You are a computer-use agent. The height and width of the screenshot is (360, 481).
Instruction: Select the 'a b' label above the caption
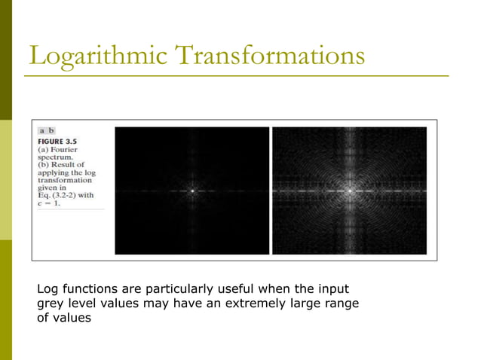[46, 130]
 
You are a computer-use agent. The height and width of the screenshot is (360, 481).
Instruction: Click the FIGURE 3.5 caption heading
[60, 141]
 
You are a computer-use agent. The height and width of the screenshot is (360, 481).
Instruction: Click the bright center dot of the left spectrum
[192, 191]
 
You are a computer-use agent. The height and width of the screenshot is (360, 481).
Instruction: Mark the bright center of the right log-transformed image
[350, 191]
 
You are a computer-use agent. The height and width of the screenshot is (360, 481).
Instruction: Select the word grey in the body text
[51, 304]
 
